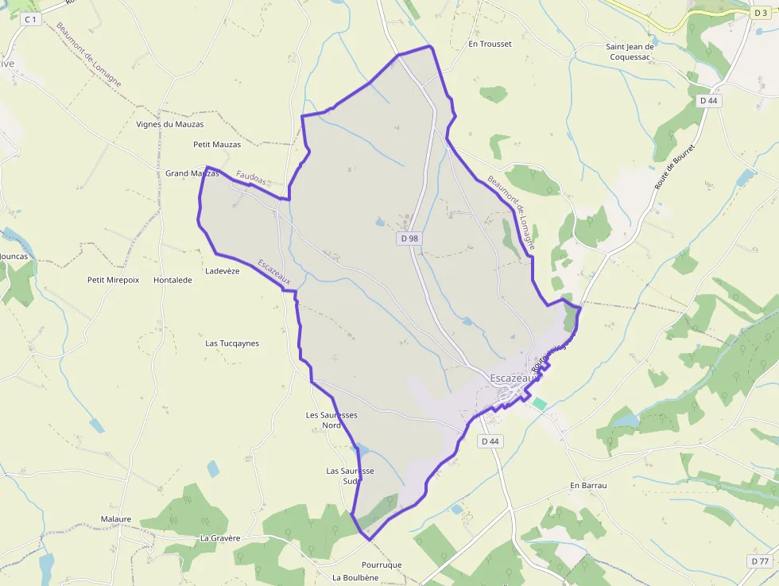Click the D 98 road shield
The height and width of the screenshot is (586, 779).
(409, 238)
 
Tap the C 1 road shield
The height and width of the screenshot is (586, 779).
(30, 18)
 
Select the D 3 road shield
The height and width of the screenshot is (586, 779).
(759, 13)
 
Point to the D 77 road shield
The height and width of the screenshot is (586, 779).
(759, 561)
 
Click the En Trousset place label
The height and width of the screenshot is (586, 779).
(490, 45)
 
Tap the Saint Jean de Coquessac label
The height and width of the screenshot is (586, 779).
(630, 52)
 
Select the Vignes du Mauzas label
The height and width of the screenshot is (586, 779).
(169, 124)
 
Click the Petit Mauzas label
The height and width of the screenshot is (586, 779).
(216, 145)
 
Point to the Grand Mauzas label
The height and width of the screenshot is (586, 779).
(191, 173)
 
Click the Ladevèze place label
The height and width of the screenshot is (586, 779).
(222, 271)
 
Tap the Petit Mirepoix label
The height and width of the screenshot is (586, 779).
(113, 280)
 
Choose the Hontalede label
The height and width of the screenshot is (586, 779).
(172, 280)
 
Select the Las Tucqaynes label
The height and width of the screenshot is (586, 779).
(232, 343)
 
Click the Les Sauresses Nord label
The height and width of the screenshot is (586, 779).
(331, 420)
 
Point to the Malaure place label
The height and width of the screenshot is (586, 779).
(116, 518)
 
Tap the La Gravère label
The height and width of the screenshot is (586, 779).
(220, 537)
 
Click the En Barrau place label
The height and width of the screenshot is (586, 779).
(588, 485)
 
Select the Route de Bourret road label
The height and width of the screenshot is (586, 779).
(675, 166)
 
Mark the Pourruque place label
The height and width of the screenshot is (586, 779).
(382, 565)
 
